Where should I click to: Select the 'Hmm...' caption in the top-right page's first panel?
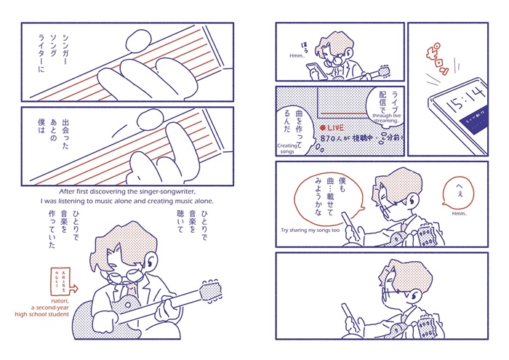point(296,56)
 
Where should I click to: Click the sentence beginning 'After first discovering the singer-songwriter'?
point(127,196)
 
